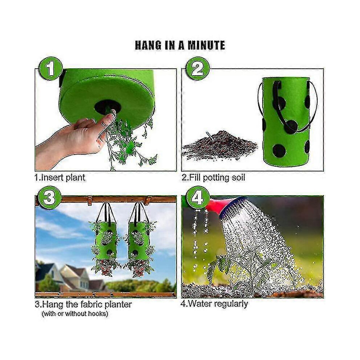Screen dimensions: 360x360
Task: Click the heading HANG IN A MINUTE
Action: pos(180,45)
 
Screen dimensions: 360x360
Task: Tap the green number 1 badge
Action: pos(50,68)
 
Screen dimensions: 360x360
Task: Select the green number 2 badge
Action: pos(197,68)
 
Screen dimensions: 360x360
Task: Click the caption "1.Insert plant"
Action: pos(60,178)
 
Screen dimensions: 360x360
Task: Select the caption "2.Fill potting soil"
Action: pos(213,178)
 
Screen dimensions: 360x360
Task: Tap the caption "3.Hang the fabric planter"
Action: pos(83,304)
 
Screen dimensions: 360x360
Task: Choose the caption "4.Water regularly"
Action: pos(214,304)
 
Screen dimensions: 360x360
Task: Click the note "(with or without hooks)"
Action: pos(75,314)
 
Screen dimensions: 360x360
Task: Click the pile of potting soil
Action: pos(219,145)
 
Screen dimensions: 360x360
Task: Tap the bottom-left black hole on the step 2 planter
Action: pos(279,151)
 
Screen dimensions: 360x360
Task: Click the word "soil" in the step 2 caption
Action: pos(237,177)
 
